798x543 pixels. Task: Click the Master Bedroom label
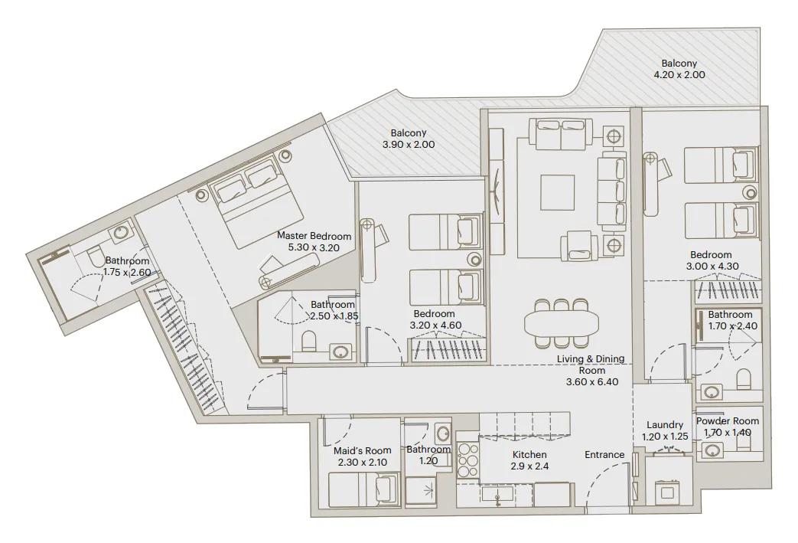[x=314, y=236]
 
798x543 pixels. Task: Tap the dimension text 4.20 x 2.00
[x=679, y=75]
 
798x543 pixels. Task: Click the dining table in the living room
[x=563, y=322]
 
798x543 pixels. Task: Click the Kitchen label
[x=529, y=454]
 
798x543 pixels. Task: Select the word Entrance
[x=604, y=454]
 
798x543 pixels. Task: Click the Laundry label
[x=664, y=425]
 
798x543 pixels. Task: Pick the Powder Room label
[x=728, y=420]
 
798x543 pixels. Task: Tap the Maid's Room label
[x=363, y=450]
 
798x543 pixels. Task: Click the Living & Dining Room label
[x=590, y=359]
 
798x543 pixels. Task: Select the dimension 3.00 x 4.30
[x=712, y=267]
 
